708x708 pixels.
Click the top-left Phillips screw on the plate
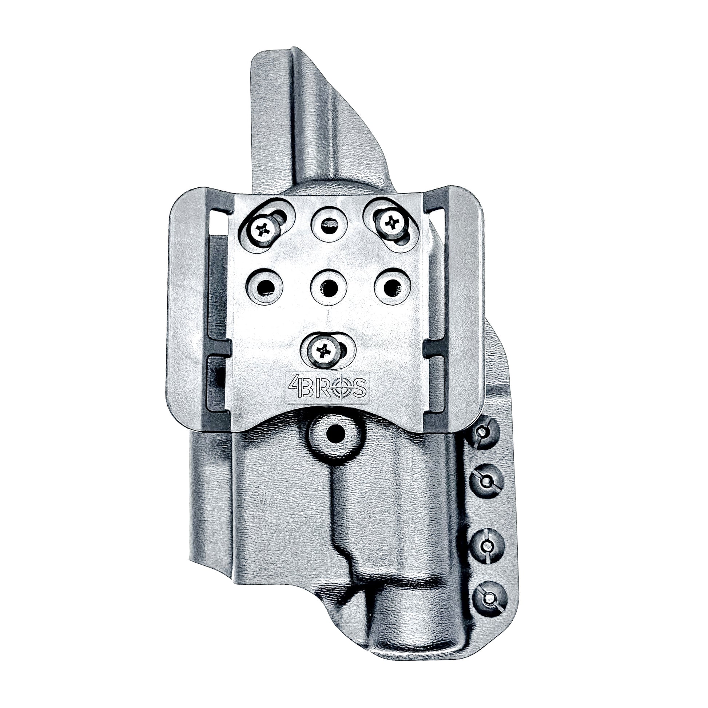(x=263, y=230)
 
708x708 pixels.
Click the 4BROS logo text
(x=327, y=387)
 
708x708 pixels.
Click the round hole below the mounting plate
(x=335, y=435)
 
